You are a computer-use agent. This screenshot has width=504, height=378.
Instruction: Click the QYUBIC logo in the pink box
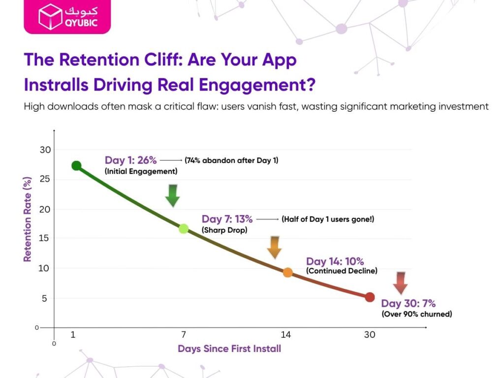(x=67, y=17)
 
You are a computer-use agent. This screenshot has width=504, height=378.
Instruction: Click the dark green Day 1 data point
(x=76, y=166)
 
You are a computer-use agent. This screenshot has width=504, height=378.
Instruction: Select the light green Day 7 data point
(x=184, y=228)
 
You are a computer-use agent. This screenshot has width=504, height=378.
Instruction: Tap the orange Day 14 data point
(x=288, y=272)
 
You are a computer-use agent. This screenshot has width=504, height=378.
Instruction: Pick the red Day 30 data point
(x=370, y=297)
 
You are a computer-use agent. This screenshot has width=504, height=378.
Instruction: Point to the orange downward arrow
(x=274, y=247)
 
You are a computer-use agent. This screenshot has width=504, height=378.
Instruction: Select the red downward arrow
(x=400, y=283)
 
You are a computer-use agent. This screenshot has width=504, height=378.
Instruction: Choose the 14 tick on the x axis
(x=285, y=335)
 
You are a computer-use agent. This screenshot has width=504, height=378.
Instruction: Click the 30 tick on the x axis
(x=370, y=335)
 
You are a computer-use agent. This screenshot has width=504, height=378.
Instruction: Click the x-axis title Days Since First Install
(x=229, y=349)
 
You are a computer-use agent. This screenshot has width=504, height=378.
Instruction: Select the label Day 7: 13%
(x=227, y=219)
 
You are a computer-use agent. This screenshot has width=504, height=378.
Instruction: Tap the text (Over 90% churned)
(x=416, y=314)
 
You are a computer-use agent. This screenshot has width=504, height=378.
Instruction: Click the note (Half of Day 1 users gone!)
(x=328, y=219)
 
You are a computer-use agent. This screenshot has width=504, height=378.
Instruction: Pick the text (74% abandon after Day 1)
(x=231, y=160)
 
